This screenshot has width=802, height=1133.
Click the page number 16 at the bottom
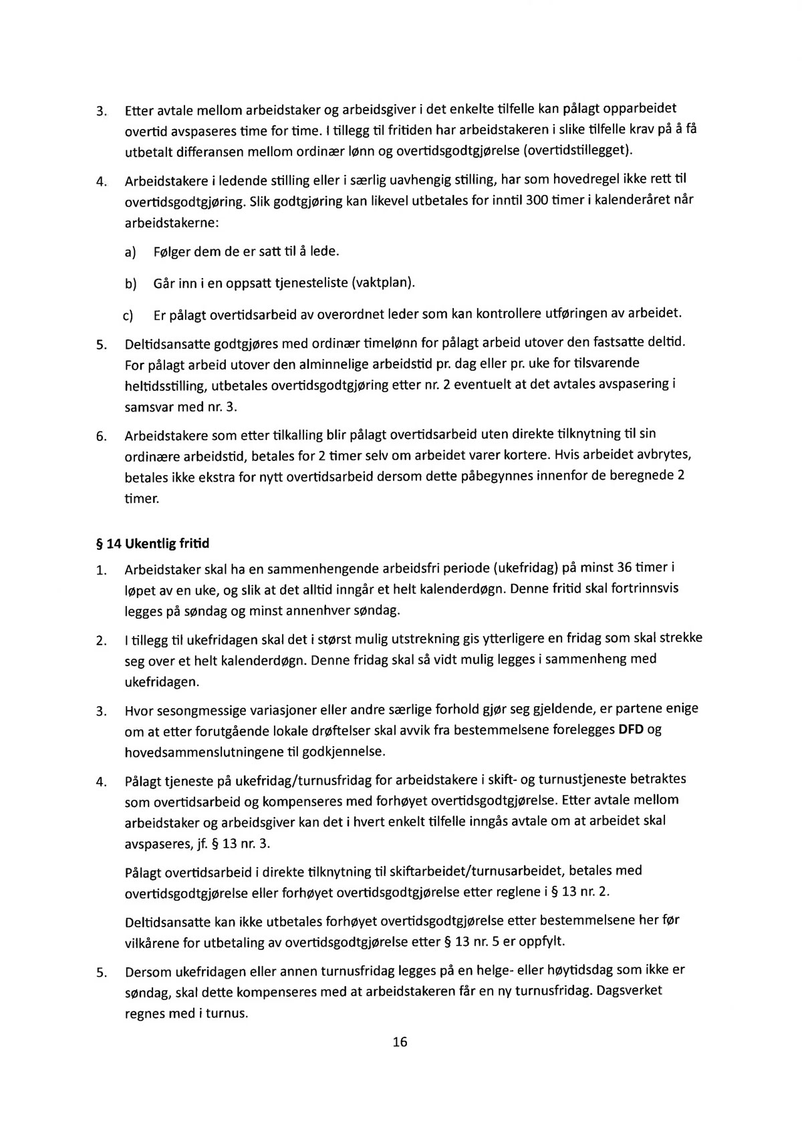click(x=400, y=1042)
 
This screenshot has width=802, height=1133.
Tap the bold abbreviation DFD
click(x=631, y=729)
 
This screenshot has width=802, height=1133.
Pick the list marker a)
click(x=130, y=252)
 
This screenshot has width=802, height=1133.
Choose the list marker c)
click(x=128, y=315)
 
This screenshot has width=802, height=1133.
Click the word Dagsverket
click(x=629, y=990)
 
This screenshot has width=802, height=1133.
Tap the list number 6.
click(x=101, y=438)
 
